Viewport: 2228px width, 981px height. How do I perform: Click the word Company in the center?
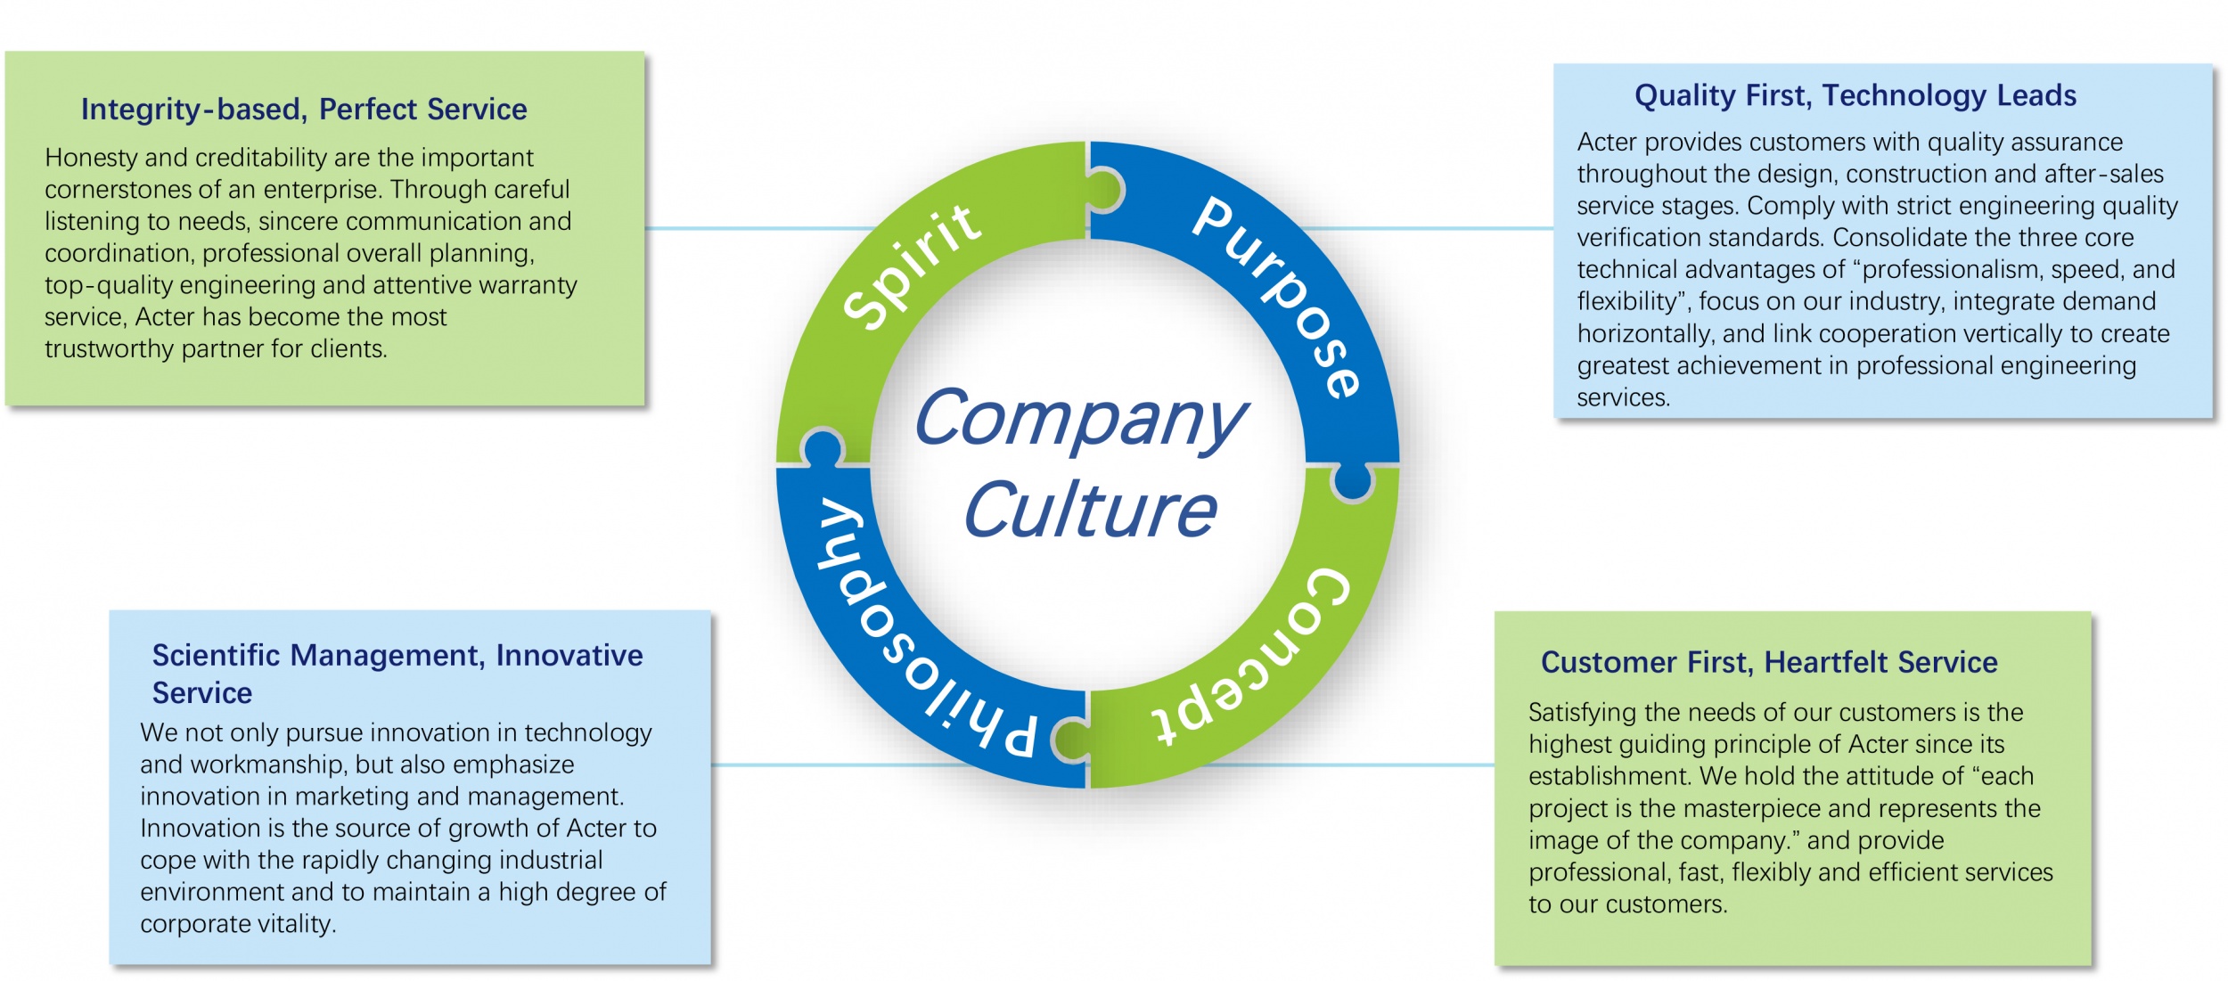pyautogui.click(x=1080, y=419)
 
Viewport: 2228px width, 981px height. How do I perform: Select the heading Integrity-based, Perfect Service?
pyautogui.click(x=304, y=110)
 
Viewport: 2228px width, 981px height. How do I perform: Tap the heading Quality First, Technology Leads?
pyautogui.click(x=1855, y=95)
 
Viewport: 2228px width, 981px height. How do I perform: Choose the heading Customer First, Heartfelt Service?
pyautogui.click(x=1769, y=662)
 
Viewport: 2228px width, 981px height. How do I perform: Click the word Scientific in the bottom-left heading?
pyautogui.click(x=217, y=656)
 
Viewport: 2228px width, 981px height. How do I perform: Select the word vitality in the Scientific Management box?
pyautogui.click(x=295, y=924)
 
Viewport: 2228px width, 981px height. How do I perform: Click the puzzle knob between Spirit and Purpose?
pyautogui.click(x=1105, y=190)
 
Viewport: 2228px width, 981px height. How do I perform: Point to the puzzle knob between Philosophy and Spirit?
pyautogui.click(x=823, y=446)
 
